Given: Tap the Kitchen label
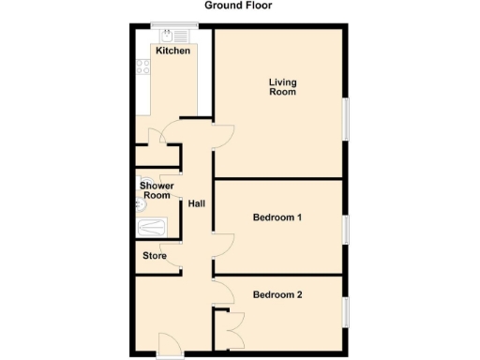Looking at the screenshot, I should point(173,51).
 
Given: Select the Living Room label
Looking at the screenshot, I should point(282,87).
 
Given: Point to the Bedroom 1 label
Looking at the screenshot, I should point(277,217).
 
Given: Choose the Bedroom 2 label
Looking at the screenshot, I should point(277,295).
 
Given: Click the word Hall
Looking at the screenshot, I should point(197,203).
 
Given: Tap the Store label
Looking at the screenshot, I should point(155,255).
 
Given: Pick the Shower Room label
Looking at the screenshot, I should point(157,190).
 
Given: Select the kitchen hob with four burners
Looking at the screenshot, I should point(143,67).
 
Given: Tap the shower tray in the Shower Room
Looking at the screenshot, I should point(151,226).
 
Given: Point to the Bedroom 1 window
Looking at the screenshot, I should point(345,228).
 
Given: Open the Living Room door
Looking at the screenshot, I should point(221,136).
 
